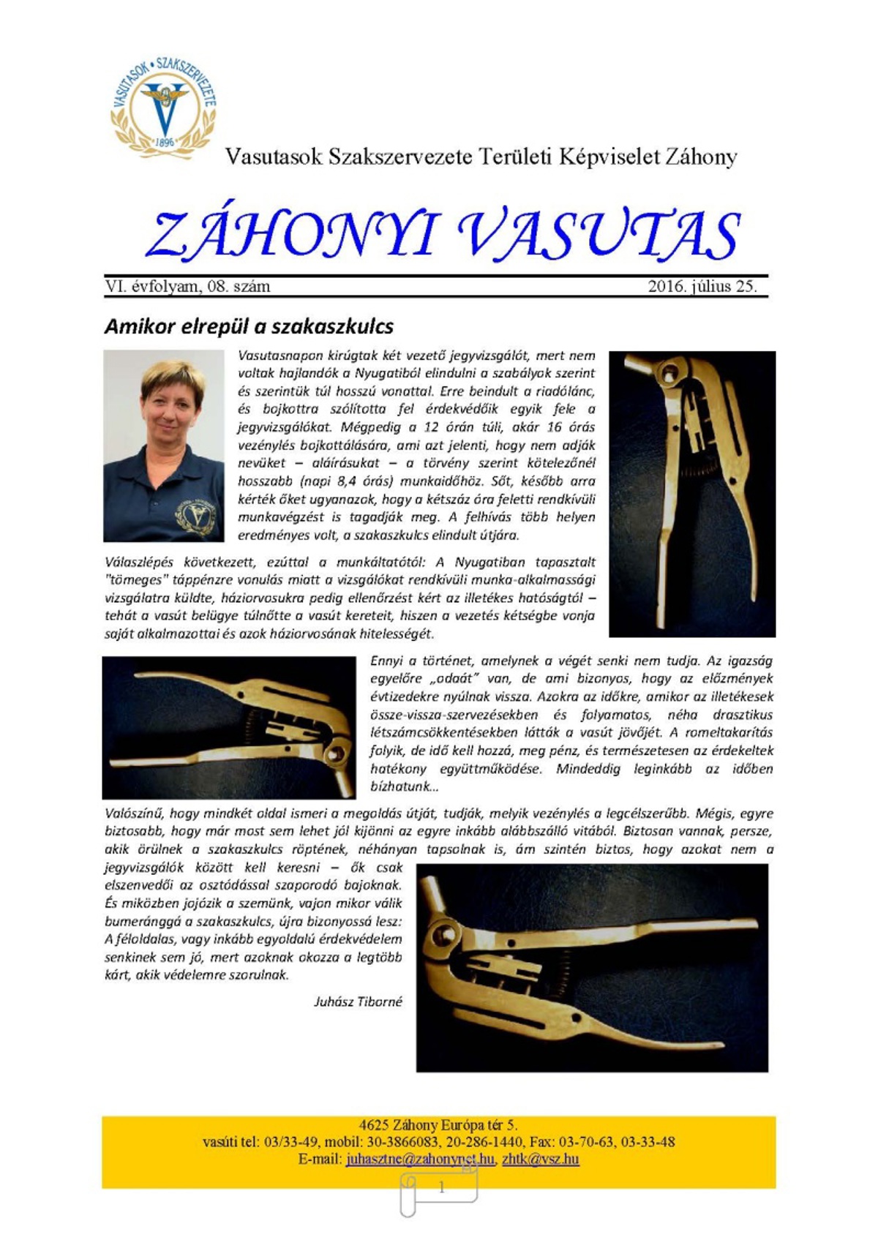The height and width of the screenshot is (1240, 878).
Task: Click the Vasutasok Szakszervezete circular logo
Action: pyautogui.click(x=163, y=106)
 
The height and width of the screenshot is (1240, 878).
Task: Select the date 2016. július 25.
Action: pyautogui.click(x=702, y=286)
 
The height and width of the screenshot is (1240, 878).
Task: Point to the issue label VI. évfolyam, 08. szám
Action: pyautogui.click(x=187, y=286)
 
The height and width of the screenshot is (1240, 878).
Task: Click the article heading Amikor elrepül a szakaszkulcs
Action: pyautogui.click(x=249, y=326)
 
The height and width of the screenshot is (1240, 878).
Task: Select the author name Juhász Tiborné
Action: pyautogui.click(x=358, y=1002)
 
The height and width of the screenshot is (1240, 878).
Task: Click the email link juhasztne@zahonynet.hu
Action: pyautogui.click(x=420, y=1159)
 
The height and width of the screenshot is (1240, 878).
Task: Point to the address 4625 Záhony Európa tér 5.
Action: pyautogui.click(x=438, y=1125)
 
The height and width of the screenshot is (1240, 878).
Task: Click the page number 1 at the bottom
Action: pyautogui.click(x=441, y=1188)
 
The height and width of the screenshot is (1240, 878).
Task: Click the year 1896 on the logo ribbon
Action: pyautogui.click(x=165, y=142)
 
